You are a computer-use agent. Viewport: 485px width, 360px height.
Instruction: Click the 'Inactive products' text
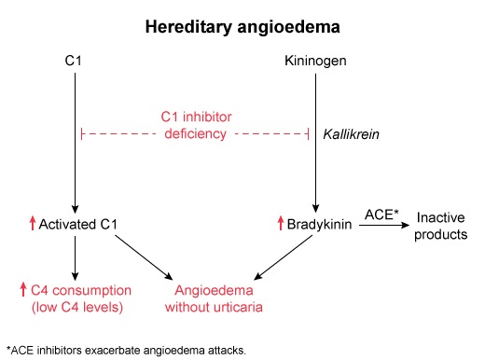441,225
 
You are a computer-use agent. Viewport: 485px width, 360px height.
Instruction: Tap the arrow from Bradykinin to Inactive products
382,225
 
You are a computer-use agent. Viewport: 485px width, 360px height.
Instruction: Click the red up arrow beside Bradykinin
279,224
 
